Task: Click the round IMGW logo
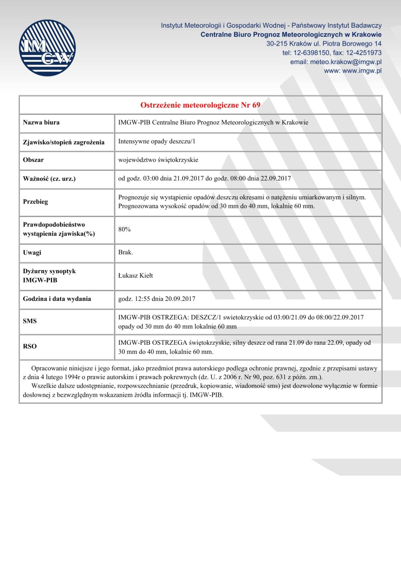click(47, 48)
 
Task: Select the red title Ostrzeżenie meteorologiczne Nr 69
click(200, 105)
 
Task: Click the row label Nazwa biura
click(41, 123)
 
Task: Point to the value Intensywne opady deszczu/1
click(157, 141)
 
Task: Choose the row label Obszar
click(33, 160)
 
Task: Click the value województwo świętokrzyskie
click(158, 160)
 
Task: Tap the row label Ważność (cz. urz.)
click(49, 179)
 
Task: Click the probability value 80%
click(124, 229)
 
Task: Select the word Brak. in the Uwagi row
click(125, 253)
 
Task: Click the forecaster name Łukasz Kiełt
click(135, 276)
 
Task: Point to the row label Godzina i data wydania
click(57, 299)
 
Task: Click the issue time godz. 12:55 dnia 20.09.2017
click(156, 299)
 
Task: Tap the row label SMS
click(30, 321)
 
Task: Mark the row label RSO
click(30, 347)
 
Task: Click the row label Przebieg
click(35, 202)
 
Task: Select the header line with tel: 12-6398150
click(332, 53)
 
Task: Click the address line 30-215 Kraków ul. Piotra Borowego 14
click(324, 44)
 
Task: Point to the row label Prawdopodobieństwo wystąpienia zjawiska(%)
click(59, 229)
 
